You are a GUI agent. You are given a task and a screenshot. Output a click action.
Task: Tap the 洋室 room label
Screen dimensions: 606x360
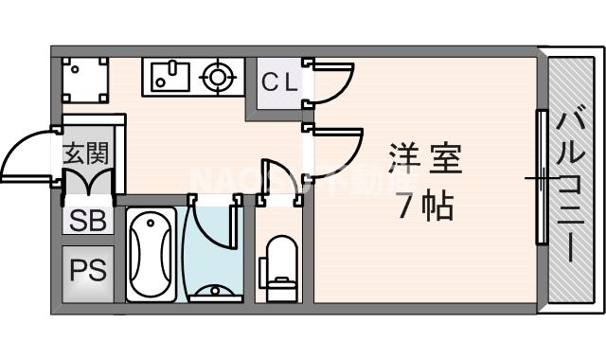pos(425,158)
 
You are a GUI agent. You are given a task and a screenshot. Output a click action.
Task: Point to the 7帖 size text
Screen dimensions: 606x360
pos(425,204)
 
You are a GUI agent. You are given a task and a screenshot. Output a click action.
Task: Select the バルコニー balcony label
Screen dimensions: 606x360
pos(570,186)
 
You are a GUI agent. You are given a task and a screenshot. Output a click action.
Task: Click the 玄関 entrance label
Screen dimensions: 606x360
pos(86,152)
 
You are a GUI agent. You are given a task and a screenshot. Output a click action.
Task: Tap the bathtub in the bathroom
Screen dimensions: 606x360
pos(151,254)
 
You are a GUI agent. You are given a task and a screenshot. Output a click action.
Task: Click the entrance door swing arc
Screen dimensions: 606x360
pos(27,156)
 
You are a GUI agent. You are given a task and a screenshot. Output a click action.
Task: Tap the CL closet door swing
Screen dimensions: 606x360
pos(330,83)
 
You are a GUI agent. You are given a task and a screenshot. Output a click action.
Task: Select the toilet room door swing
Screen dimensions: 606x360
pos(277,179)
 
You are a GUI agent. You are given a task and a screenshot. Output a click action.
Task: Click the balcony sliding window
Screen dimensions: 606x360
pos(542,176)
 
